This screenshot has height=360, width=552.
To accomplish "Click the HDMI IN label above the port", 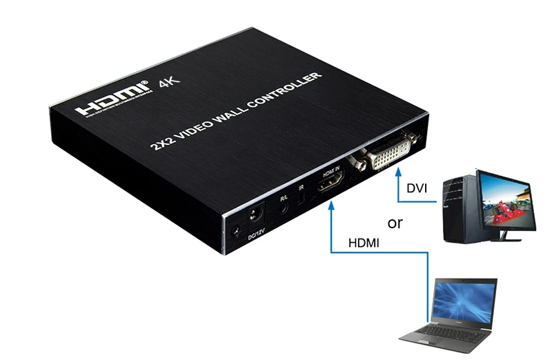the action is click(x=327, y=171).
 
